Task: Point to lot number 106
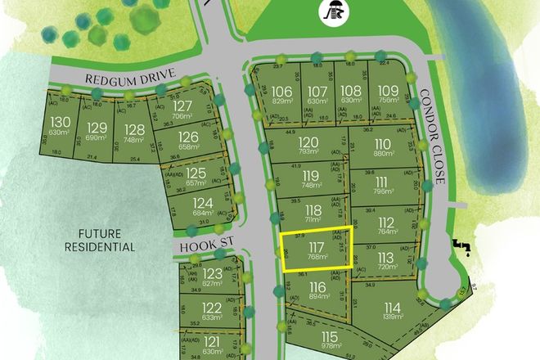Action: pos(282,90)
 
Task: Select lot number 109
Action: pos(389,90)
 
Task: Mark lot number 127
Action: pos(183,106)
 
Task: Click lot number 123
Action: pos(213,272)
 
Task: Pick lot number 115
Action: pos(330,337)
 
